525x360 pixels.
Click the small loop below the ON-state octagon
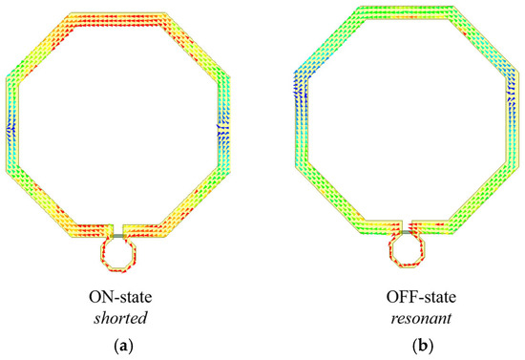tap(118, 255)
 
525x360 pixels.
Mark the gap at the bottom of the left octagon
tap(118, 229)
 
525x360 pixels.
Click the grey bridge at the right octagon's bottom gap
tap(409, 229)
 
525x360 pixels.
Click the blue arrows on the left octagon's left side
tap(12, 125)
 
